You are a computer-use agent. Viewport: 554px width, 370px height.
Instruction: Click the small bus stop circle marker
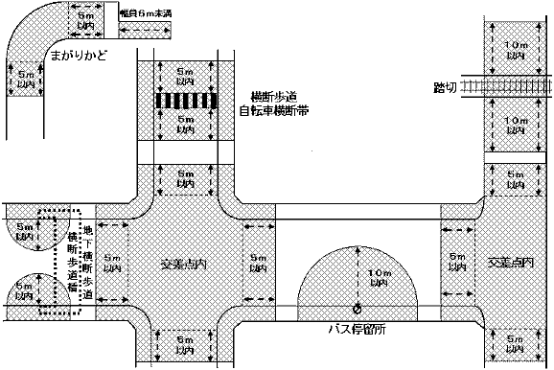[x=358, y=309]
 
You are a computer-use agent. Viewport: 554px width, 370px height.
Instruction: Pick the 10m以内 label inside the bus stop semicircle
[x=379, y=278]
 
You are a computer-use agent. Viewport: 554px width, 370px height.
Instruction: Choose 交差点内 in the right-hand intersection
[x=508, y=261]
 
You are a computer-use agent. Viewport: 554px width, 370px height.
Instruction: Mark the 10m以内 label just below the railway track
[x=516, y=122]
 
